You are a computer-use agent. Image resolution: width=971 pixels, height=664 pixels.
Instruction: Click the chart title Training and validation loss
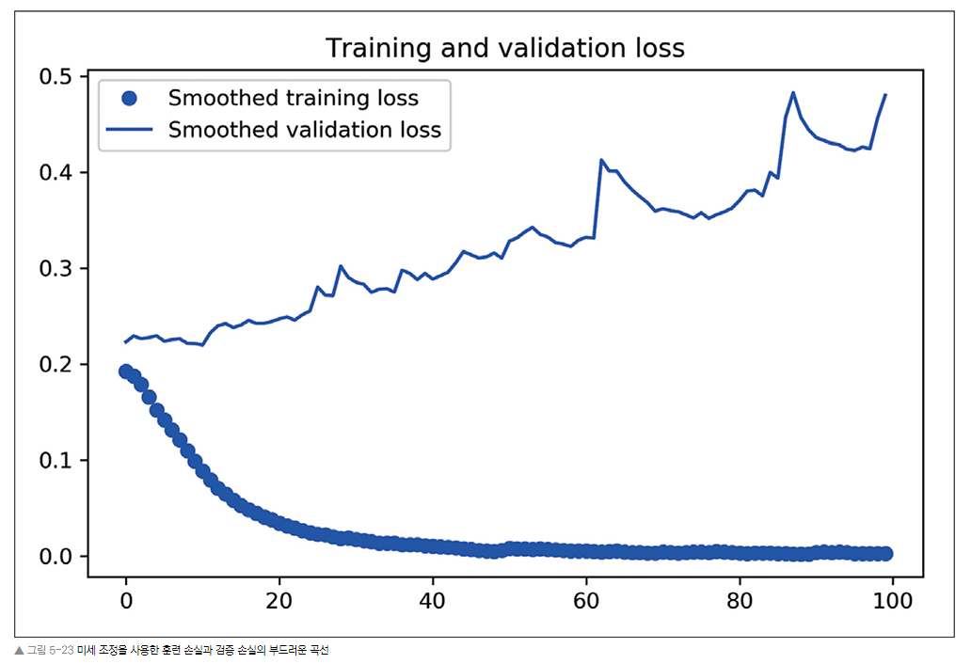click(504, 48)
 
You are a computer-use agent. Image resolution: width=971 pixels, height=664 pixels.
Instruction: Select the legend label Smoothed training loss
click(293, 98)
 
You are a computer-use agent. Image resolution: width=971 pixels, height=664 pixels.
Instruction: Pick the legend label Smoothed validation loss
click(304, 130)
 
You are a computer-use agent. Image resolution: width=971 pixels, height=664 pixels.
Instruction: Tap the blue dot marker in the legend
click(130, 98)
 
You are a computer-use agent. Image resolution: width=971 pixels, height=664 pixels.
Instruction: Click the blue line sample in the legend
click(130, 130)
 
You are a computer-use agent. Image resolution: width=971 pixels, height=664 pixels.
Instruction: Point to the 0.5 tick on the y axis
click(56, 76)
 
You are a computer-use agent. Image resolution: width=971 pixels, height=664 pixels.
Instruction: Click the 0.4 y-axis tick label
click(56, 172)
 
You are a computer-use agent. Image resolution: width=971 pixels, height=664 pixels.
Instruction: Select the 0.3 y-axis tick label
click(56, 268)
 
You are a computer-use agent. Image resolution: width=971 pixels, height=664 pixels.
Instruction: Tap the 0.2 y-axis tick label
click(56, 364)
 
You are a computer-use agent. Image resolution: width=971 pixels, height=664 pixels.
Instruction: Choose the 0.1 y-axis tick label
click(56, 460)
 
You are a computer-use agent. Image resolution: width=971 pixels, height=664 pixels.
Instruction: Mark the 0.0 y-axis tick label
click(56, 556)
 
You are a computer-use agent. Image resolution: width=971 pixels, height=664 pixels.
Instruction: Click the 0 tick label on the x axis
click(126, 599)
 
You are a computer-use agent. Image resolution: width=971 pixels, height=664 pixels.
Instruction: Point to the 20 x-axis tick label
click(279, 599)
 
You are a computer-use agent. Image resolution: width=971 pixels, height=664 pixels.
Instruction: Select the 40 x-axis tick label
click(433, 599)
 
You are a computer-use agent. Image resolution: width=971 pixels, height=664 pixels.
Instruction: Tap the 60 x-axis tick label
click(586, 599)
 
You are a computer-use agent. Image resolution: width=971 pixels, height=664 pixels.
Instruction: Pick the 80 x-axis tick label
click(740, 599)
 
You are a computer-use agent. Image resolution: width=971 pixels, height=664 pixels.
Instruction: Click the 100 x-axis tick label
click(893, 599)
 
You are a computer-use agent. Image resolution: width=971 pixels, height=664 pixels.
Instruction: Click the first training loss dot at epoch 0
click(126, 372)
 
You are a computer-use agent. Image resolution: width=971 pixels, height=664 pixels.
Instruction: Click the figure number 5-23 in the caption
click(60, 651)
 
